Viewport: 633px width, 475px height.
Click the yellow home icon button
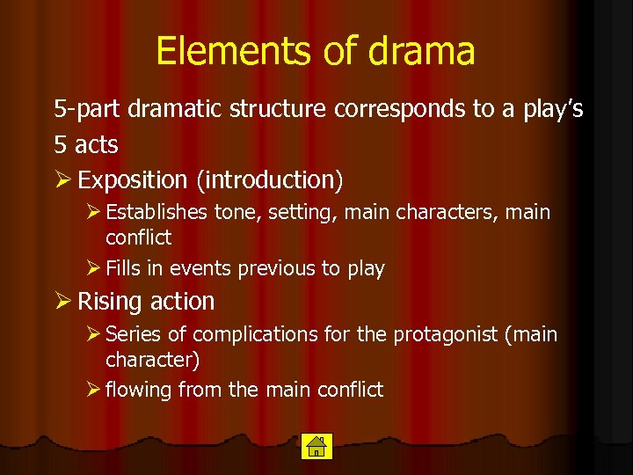tap(315, 446)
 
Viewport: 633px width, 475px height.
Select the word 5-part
tap(87, 110)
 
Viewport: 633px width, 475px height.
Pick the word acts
tap(96, 144)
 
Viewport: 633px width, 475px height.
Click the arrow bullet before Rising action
tap(62, 302)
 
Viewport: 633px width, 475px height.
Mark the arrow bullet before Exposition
tap(62, 180)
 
